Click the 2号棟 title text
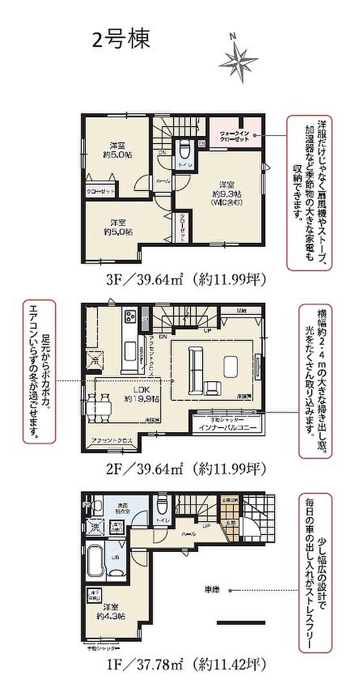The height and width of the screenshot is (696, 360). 121,40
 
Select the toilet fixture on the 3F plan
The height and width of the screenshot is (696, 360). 185,150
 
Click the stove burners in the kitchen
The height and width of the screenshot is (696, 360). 129,318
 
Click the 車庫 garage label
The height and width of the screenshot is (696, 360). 211,590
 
